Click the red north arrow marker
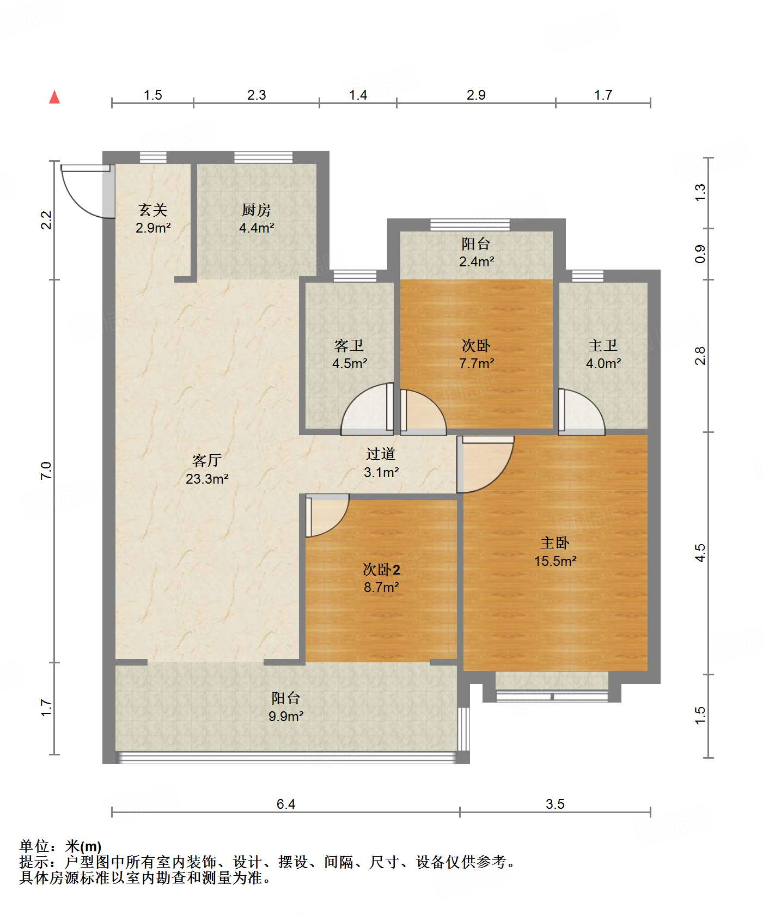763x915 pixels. [x=54, y=97]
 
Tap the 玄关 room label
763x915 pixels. [x=153, y=218]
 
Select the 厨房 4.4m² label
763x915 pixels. [x=256, y=218]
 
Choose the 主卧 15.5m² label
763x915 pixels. [x=555, y=551]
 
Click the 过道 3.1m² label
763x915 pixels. [x=381, y=463]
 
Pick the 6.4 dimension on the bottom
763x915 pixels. [x=285, y=804]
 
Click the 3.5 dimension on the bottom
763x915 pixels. [x=555, y=804]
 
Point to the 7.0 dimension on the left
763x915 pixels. [x=46, y=470]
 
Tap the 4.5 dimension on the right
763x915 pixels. [x=700, y=552]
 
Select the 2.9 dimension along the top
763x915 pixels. [x=475, y=95]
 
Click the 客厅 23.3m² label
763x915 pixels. [x=206, y=469]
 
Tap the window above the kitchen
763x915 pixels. [x=263, y=157]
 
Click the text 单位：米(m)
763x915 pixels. [x=60, y=846]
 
